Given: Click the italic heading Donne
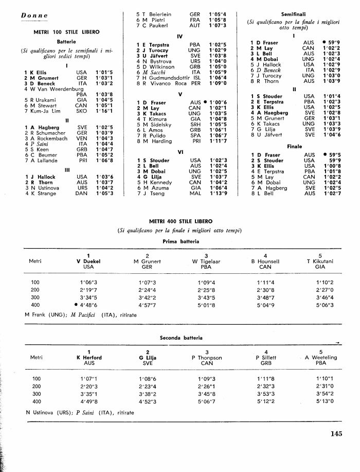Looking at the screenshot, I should pos(35,16).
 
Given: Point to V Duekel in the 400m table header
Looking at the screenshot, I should pos(88,261).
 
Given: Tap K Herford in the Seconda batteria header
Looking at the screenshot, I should pos(88,358).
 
